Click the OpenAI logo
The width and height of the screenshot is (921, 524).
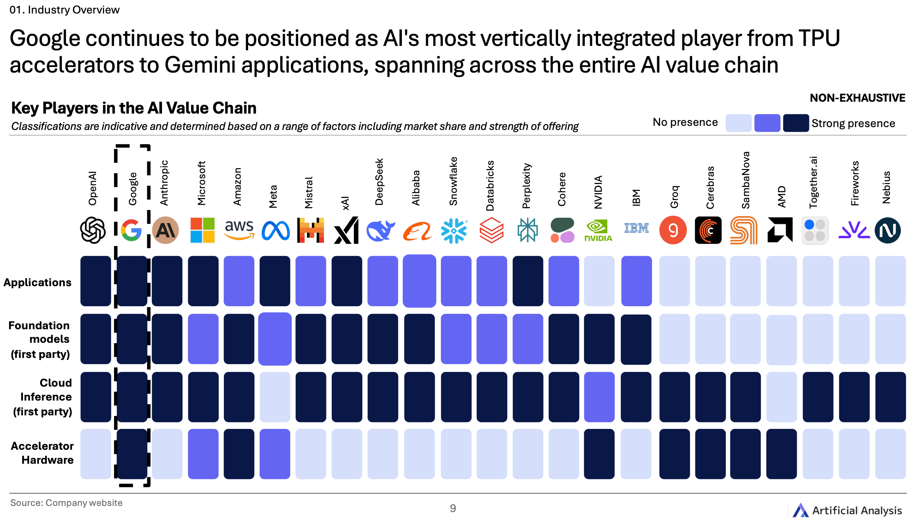[x=93, y=230]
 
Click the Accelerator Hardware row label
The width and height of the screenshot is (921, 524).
[x=43, y=453]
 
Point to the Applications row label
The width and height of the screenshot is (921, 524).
[x=38, y=283]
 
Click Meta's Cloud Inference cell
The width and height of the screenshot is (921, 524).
[x=275, y=397]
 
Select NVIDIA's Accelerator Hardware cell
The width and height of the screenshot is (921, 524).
[x=599, y=454]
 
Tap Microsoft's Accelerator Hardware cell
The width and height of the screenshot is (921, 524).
[x=203, y=454]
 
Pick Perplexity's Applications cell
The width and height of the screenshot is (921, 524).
[x=528, y=281]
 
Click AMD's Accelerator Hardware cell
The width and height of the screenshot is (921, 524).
[x=781, y=454]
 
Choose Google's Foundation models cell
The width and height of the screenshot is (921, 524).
[x=132, y=339]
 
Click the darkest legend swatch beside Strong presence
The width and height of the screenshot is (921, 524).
[x=796, y=123]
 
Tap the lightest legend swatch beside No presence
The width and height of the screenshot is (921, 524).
[x=738, y=123]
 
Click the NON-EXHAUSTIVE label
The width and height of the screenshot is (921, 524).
[x=857, y=98]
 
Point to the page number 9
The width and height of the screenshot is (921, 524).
[x=453, y=508]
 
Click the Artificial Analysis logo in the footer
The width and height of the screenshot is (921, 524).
[x=847, y=510]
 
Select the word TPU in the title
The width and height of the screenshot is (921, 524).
[x=819, y=39]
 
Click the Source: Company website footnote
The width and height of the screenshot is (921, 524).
[x=66, y=503]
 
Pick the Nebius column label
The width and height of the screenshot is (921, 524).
[x=886, y=187]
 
